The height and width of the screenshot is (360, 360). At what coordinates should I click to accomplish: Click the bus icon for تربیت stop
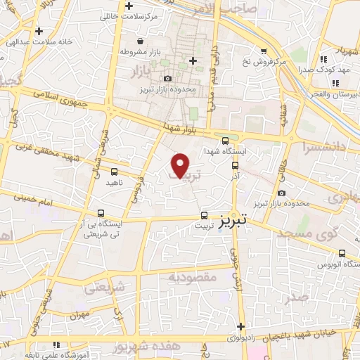click(x=204, y=215)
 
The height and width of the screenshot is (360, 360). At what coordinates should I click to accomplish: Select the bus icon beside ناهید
click(x=114, y=171)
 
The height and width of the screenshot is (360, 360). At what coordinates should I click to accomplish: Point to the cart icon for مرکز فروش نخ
click(x=264, y=51)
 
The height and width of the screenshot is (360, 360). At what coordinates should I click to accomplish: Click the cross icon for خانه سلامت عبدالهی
click(x=38, y=31)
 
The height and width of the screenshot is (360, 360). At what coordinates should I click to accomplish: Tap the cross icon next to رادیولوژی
click(x=241, y=326)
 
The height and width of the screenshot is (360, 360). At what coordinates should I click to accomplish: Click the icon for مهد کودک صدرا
click(x=323, y=60)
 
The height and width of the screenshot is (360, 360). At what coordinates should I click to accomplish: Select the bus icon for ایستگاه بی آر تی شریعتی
click(x=101, y=212)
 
